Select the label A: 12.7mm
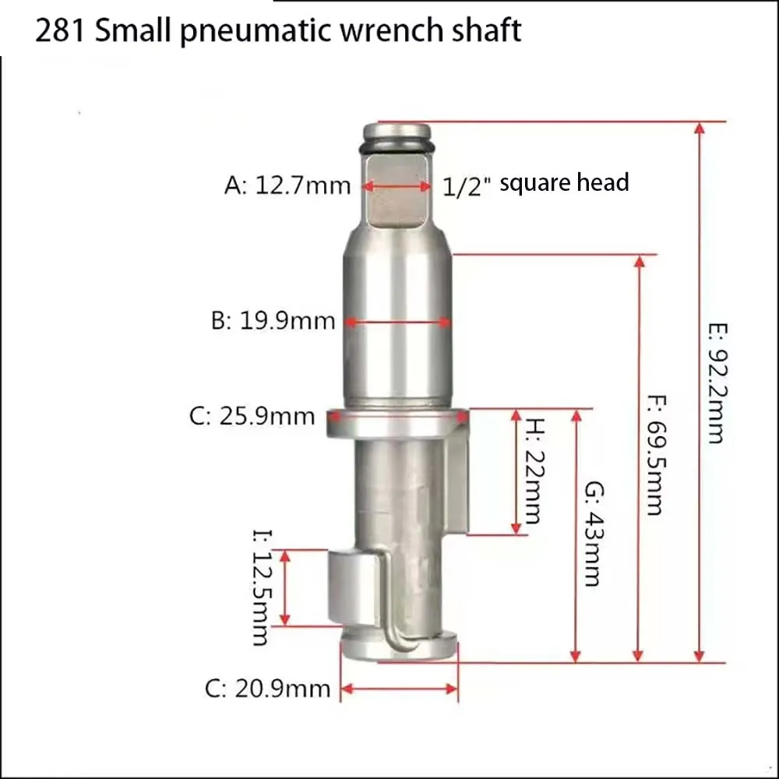tap(287, 186)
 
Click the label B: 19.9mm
tap(273, 321)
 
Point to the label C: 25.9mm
tap(252, 416)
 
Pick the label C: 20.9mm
tap(267, 689)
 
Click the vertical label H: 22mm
tap(534, 471)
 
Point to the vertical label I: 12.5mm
tap(260, 587)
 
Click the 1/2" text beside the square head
tap(465, 186)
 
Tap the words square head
tap(564, 183)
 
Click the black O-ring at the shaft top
tap(397, 146)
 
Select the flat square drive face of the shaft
tap(397, 191)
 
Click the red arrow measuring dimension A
tap(397, 186)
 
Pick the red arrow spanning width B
tap(398, 321)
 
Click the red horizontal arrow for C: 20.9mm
tap(399, 688)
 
